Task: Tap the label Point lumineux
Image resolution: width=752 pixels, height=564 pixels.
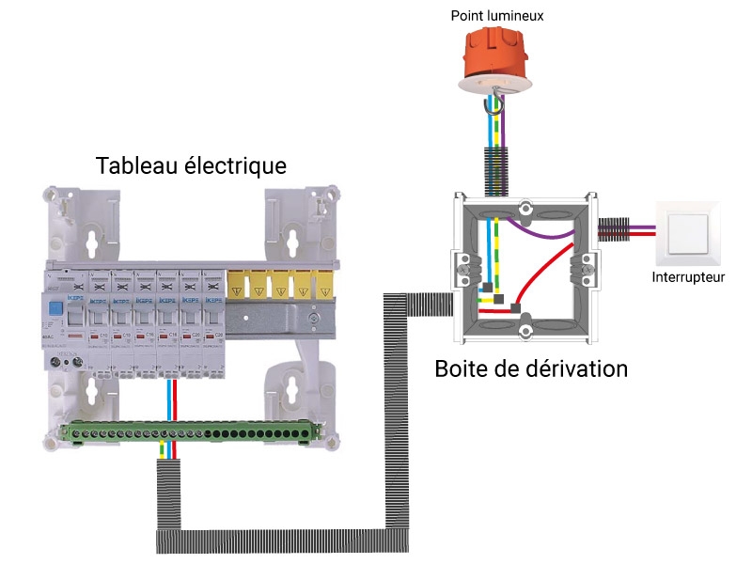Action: pos(497,16)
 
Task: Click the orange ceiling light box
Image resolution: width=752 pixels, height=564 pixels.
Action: pos(494,58)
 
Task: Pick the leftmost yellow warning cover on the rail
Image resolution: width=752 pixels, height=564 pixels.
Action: pos(238,286)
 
